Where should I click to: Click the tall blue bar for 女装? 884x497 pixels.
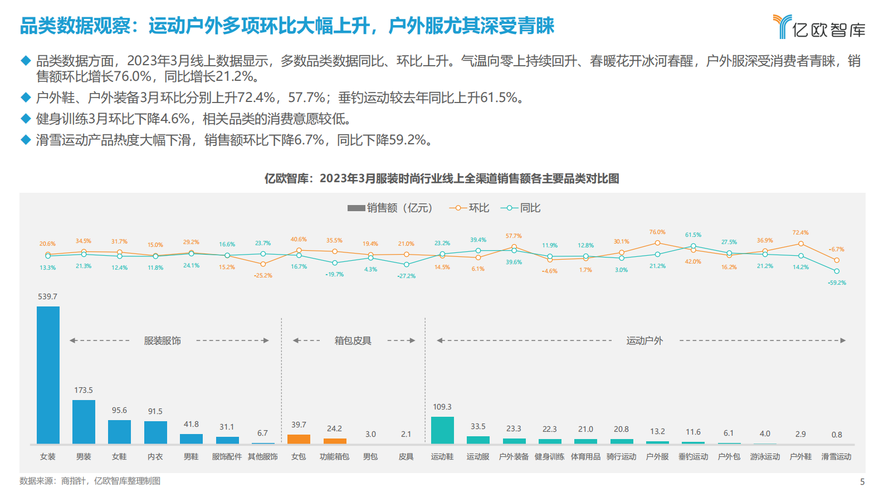click(48, 374)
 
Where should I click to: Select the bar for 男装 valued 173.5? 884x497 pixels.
click(84, 421)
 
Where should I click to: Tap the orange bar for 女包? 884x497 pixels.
click(299, 439)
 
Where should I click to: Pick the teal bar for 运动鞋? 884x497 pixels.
click(442, 430)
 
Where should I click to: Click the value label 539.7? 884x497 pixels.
click(47, 296)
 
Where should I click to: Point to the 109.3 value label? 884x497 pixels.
click(442, 407)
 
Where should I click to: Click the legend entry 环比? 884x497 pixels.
click(470, 208)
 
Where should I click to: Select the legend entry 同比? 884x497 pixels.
click(521, 208)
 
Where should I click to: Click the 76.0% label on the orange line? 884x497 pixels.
click(657, 232)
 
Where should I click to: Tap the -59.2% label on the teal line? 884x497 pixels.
click(837, 282)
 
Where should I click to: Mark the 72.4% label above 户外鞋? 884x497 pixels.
click(800, 232)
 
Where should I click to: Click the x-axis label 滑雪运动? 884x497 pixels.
click(836, 456)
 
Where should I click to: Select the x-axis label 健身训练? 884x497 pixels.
click(549, 456)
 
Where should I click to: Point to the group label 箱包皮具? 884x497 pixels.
click(353, 340)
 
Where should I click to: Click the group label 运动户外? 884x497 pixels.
click(644, 340)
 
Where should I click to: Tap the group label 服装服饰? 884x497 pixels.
click(162, 340)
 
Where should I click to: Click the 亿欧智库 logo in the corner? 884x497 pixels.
click(819, 27)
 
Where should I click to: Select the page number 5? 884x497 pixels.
click(862, 481)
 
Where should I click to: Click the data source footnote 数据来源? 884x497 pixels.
click(90, 481)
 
